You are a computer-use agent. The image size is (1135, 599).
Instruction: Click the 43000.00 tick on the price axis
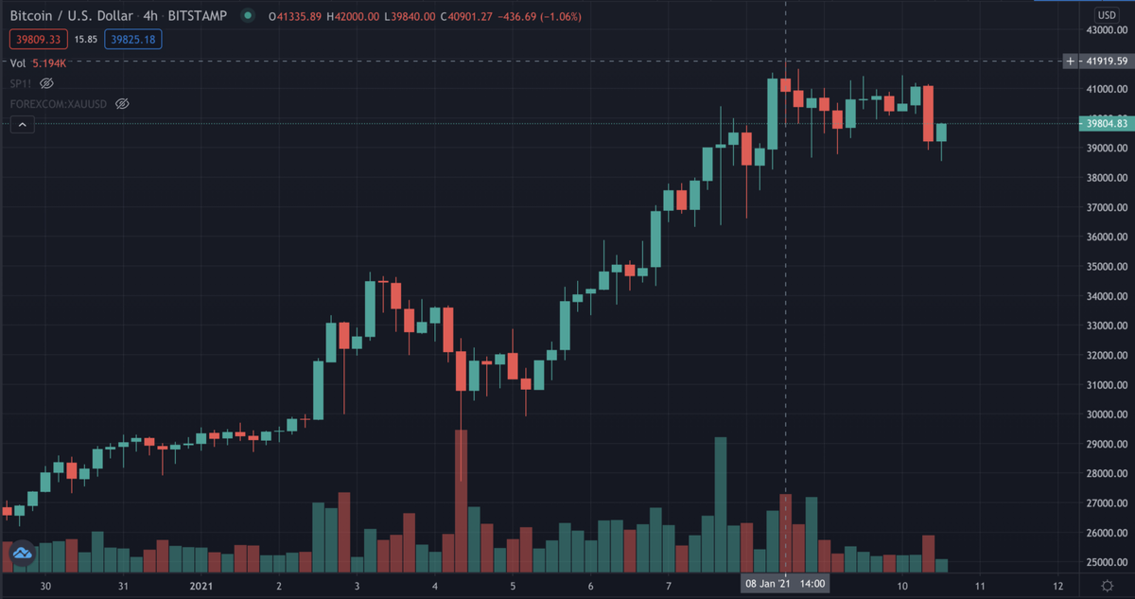pyautogui.click(x=1104, y=30)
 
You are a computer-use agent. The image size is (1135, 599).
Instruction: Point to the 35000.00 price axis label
pyautogui.click(x=1104, y=266)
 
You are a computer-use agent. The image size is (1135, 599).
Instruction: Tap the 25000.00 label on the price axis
pyautogui.click(x=1104, y=562)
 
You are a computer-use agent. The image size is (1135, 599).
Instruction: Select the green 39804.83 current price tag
pyautogui.click(x=1104, y=123)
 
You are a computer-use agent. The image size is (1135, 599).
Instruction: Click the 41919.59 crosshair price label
pyautogui.click(x=1104, y=62)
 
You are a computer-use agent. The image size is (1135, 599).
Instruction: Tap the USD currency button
pyautogui.click(x=1106, y=15)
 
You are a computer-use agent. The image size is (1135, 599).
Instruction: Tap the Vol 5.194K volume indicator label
pyautogui.click(x=38, y=63)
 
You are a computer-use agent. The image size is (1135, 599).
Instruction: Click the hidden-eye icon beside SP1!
pyautogui.click(x=46, y=83)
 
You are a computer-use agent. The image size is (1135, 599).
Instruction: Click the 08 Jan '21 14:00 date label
pyautogui.click(x=785, y=584)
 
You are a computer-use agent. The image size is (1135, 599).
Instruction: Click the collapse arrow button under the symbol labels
pyautogui.click(x=23, y=124)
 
